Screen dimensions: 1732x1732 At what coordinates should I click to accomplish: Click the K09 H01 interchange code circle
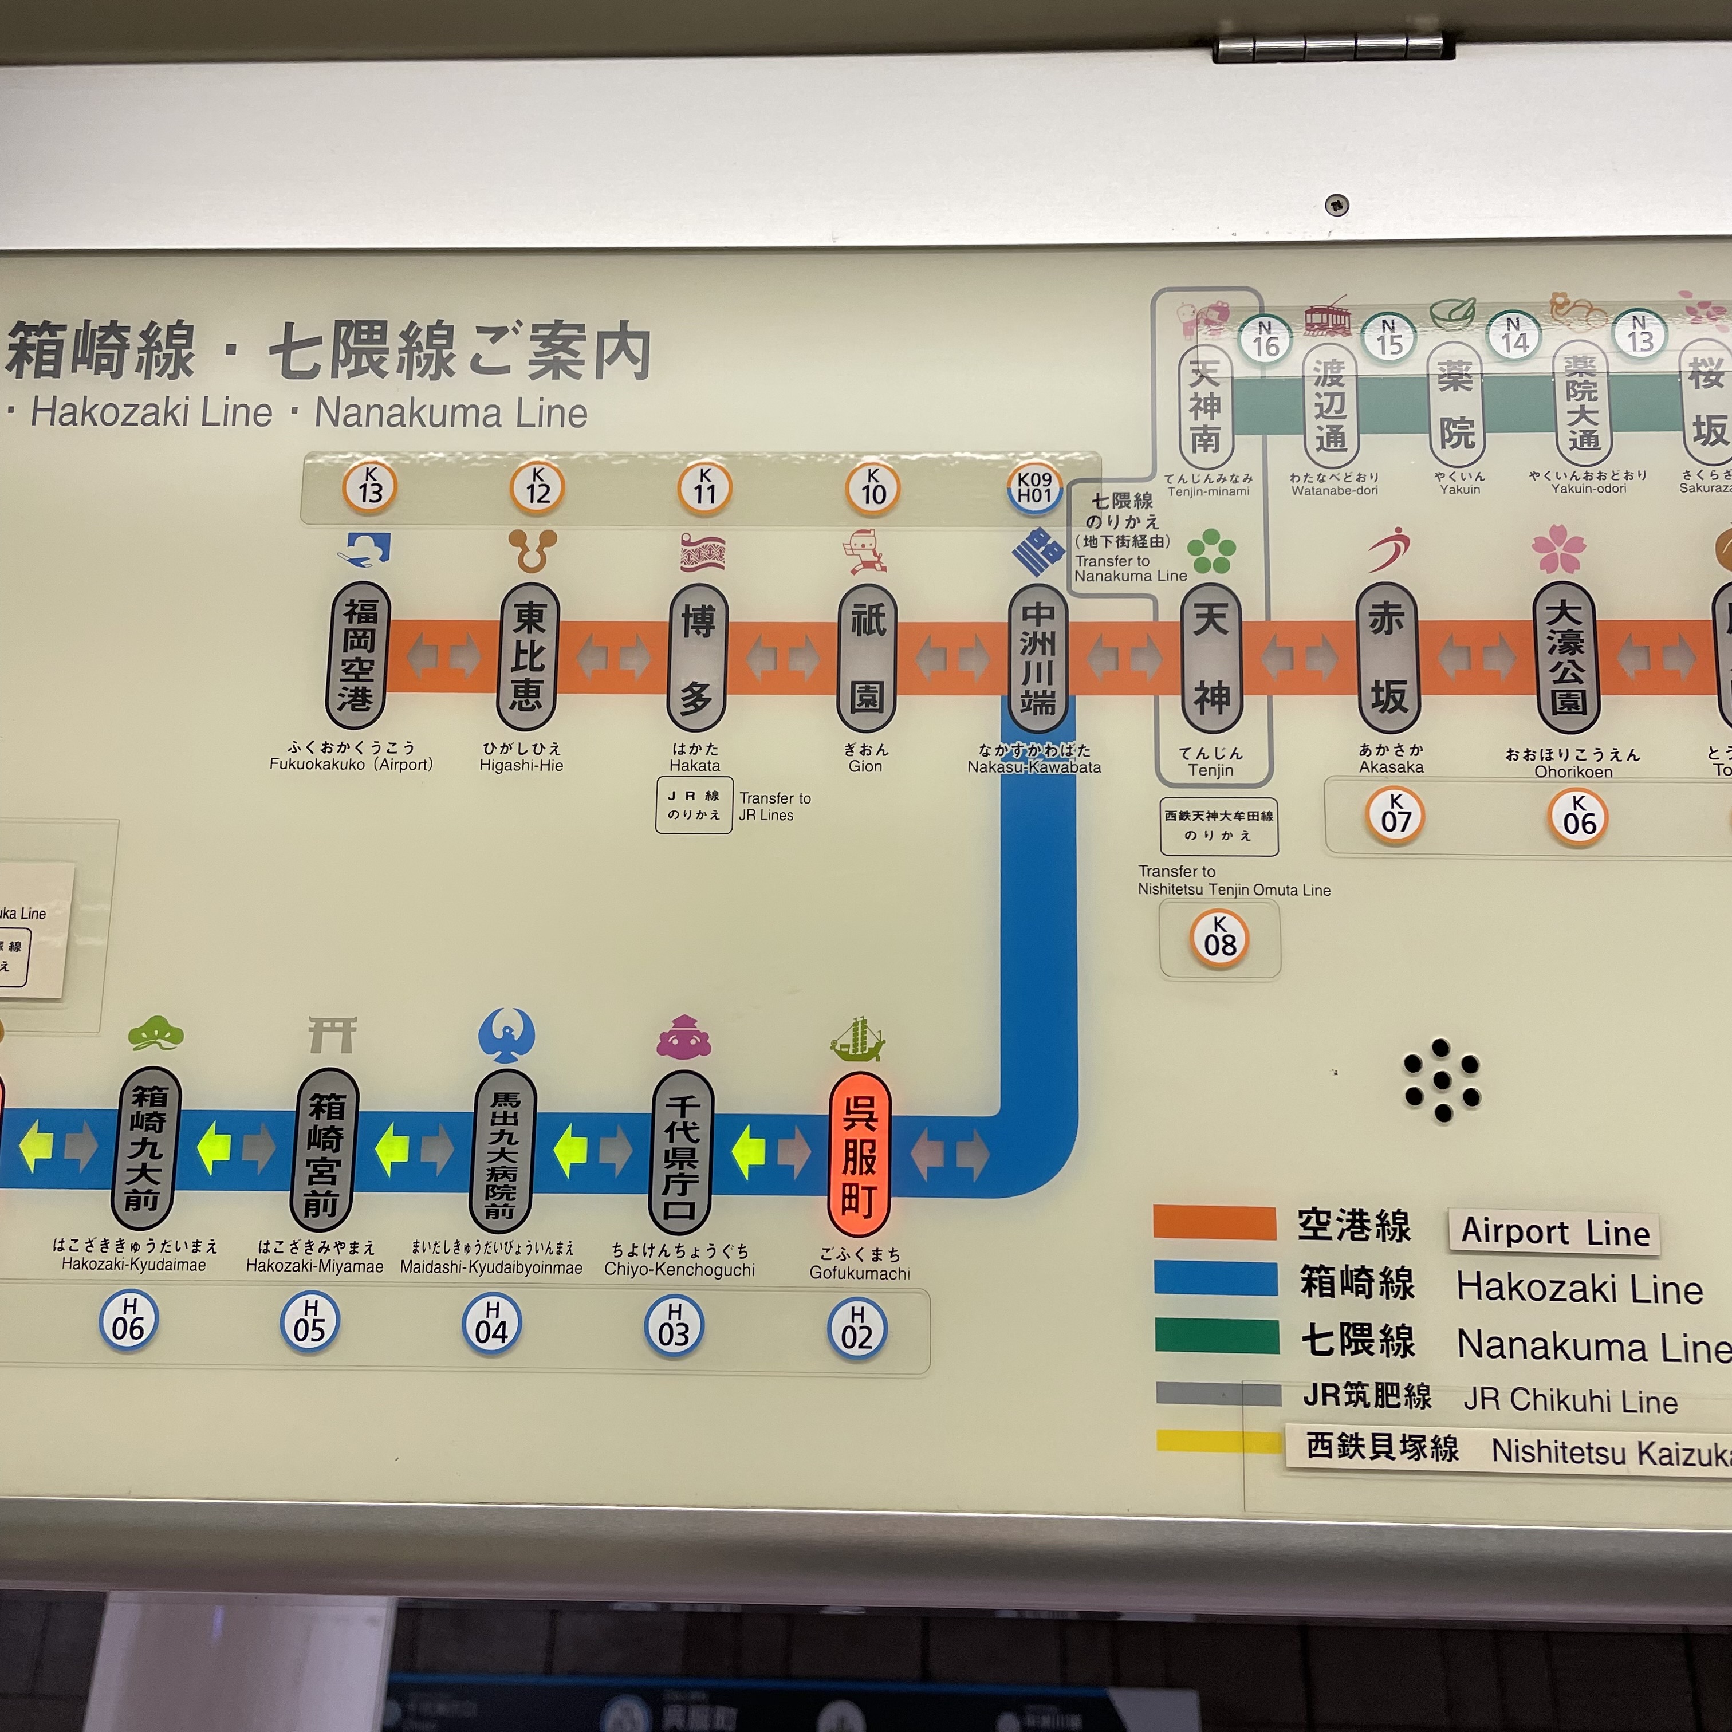point(1034,489)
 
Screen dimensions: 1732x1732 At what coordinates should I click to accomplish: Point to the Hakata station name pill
point(698,657)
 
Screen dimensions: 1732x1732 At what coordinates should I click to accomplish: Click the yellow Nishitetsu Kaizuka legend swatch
point(1218,1440)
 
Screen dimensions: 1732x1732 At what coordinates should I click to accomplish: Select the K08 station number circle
point(1219,939)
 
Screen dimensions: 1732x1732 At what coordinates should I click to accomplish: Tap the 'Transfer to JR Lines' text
point(774,806)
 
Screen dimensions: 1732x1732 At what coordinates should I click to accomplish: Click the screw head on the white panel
point(1337,204)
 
